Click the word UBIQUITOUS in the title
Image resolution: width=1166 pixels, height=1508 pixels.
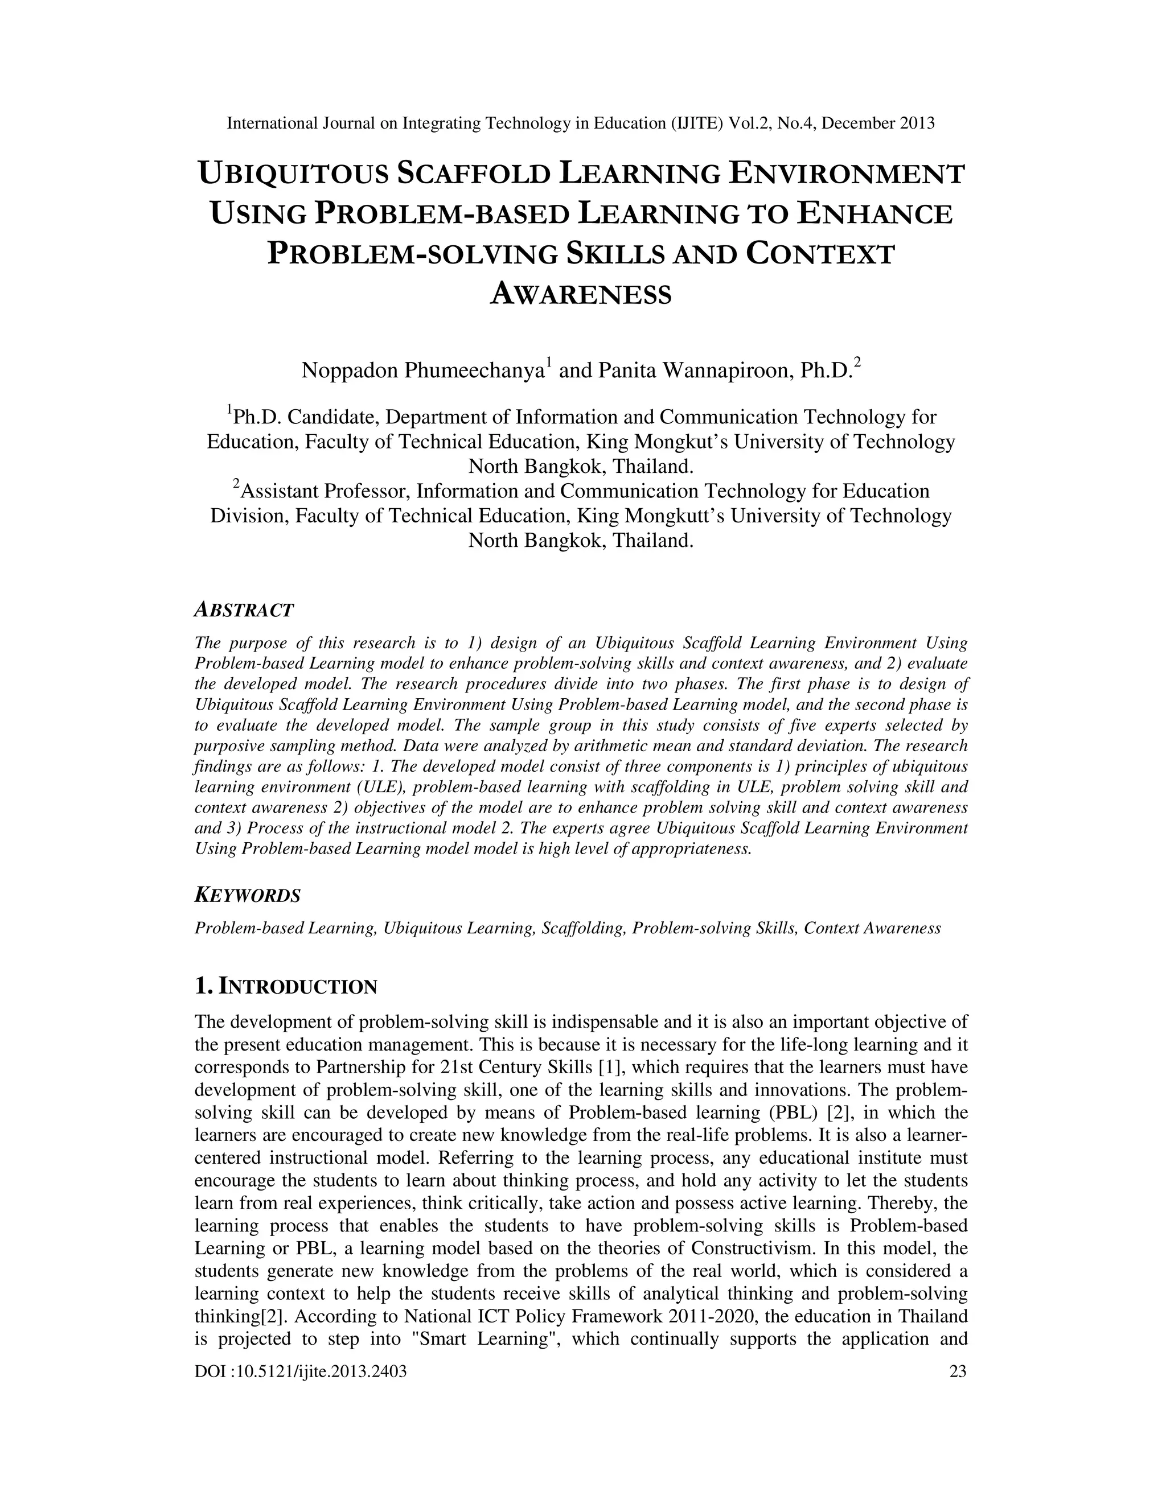tap(293, 174)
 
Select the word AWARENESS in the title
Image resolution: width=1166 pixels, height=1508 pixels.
tap(580, 294)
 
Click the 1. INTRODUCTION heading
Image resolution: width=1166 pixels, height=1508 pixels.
tap(286, 987)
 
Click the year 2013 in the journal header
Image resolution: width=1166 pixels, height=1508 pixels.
tap(916, 123)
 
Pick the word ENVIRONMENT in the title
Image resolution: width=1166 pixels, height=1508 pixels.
tap(845, 174)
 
